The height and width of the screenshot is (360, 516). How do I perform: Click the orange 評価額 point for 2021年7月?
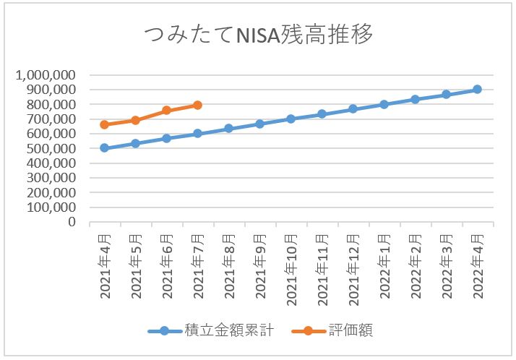click(197, 106)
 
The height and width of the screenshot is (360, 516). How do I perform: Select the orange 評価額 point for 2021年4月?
click(104, 124)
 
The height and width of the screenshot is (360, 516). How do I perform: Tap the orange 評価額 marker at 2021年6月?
click(166, 111)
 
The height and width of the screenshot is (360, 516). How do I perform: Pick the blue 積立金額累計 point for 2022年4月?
click(477, 89)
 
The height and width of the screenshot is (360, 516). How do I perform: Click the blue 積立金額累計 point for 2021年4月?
click(104, 148)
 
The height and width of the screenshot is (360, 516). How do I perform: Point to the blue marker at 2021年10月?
click(291, 119)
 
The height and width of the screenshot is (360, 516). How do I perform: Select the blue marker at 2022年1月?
click(384, 104)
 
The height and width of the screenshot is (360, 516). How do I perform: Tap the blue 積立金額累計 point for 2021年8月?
click(228, 129)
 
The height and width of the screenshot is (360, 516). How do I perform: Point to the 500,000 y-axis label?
click(51, 149)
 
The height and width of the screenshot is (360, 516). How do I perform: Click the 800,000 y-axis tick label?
click(51, 105)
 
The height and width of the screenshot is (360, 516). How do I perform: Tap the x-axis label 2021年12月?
click(353, 265)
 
